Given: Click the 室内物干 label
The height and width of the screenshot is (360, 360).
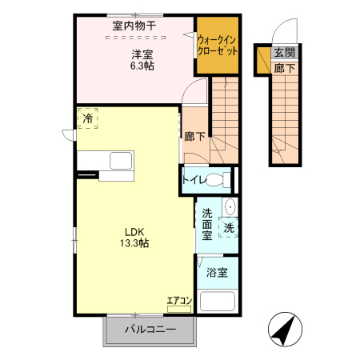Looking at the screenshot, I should tap(134, 26).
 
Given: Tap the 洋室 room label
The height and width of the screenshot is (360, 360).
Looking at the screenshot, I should tap(142, 54).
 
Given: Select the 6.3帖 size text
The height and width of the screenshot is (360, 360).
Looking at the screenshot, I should tap(142, 66).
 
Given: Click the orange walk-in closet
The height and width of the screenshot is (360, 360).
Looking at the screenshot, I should tap(218, 44).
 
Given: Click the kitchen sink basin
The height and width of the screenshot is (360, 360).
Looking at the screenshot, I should tap(120, 158).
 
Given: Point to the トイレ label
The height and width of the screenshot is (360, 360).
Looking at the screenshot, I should tap(194, 179).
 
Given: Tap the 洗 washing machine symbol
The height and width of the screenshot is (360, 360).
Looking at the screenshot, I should tap(228, 226).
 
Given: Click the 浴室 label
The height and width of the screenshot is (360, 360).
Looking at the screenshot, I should tap(217, 272).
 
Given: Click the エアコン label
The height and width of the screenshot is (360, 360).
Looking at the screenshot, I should tap(178, 301).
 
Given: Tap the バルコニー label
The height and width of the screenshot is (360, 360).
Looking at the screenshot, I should tap(150, 329).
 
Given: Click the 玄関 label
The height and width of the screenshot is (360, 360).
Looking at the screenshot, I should tap(284, 54).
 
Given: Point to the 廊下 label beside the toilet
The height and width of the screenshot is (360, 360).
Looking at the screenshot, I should tap(194, 137).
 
